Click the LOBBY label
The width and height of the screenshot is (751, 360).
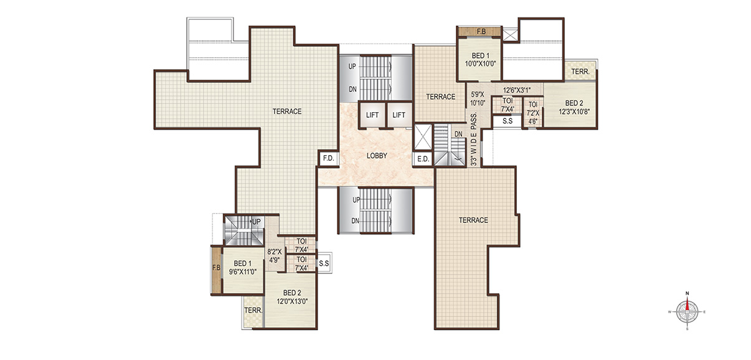coord(377,156)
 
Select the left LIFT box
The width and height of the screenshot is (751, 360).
coord(372,115)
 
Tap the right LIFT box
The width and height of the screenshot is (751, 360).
coord(399,115)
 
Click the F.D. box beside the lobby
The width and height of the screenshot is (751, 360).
coord(329,158)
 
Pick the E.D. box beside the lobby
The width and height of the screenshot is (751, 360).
coord(423,159)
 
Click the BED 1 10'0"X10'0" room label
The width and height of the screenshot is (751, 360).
coord(480,60)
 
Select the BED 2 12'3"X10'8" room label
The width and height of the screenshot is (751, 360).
coord(574,107)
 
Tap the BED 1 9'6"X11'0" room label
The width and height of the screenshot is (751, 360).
coord(243,267)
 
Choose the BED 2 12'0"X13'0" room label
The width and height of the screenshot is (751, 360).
coord(292,297)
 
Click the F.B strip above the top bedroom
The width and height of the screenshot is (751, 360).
coord(479,32)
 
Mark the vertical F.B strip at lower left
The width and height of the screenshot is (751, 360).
coord(216,271)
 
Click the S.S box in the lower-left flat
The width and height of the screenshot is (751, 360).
coord(324,263)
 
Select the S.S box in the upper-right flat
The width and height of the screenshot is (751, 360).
coord(508,121)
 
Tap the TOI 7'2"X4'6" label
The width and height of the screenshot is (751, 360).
coord(533,113)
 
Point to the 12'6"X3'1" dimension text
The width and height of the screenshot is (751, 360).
coord(517,90)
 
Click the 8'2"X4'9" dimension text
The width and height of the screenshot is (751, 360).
coord(274,255)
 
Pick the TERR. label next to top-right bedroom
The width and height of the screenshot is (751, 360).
coord(580,72)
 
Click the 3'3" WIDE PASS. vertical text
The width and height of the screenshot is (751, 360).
coord(474,139)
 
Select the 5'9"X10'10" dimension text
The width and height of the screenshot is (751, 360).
coord(478,99)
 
